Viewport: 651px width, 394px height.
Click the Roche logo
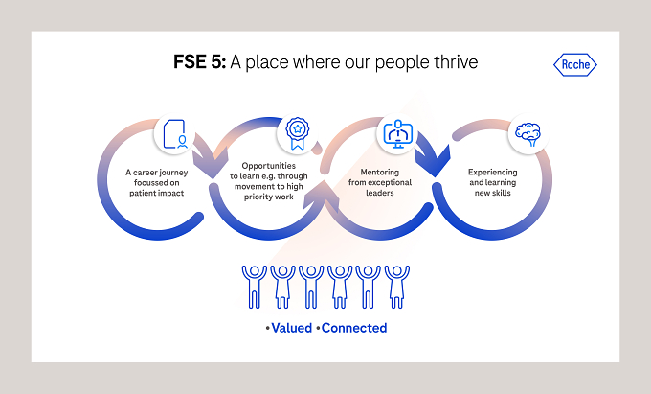click(x=575, y=64)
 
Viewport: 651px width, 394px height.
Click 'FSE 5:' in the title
click(x=200, y=62)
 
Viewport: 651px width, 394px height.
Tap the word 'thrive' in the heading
click(x=456, y=62)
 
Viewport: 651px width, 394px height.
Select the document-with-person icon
click(x=175, y=134)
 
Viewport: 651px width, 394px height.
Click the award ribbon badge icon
click(x=298, y=133)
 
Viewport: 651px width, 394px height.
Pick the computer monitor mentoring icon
click(x=397, y=134)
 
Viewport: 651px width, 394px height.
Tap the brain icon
click(x=528, y=134)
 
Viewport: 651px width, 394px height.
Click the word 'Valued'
click(x=291, y=328)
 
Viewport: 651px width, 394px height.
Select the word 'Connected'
click(x=354, y=328)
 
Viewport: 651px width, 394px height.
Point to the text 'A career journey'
click(x=156, y=173)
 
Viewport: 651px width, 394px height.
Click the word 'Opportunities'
click(x=269, y=166)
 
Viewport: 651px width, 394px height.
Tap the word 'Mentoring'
click(x=379, y=172)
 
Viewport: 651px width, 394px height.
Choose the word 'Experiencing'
click(x=492, y=172)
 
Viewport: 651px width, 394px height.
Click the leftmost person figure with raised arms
click(x=254, y=287)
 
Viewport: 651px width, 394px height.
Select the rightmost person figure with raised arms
click(x=397, y=287)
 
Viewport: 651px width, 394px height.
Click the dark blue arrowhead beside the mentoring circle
click(x=434, y=161)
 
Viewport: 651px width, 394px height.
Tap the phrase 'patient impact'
click(x=156, y=194)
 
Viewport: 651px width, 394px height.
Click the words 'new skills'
click(x=492, y=193)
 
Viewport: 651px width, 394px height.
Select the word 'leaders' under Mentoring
click(x=379, y=193)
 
